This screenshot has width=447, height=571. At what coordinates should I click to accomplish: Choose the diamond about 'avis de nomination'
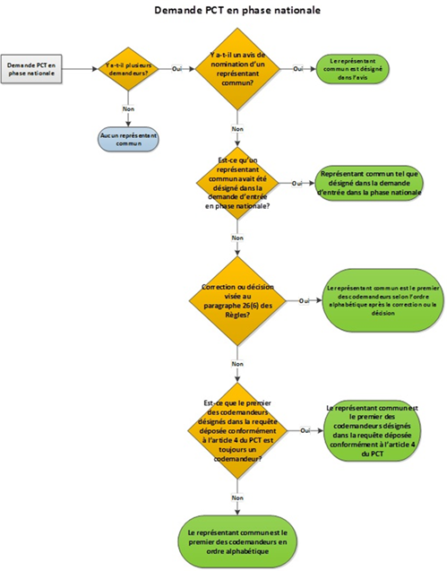point(237,69)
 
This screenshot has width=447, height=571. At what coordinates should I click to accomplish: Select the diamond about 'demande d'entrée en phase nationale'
point(237,184)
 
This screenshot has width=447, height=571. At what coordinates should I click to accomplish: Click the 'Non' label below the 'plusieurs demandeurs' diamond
point(127,108)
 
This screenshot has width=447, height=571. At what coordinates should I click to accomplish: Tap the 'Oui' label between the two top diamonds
point(177,69)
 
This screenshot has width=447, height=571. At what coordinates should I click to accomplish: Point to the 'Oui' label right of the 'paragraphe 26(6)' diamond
point(303,300)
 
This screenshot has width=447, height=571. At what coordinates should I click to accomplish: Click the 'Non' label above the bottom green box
point(237,497)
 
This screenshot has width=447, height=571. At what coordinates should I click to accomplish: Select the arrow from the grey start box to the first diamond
point(82,69)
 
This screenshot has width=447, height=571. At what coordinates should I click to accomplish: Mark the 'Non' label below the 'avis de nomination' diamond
point(237,129)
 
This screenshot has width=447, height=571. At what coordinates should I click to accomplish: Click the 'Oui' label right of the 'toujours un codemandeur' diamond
point(305,431)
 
